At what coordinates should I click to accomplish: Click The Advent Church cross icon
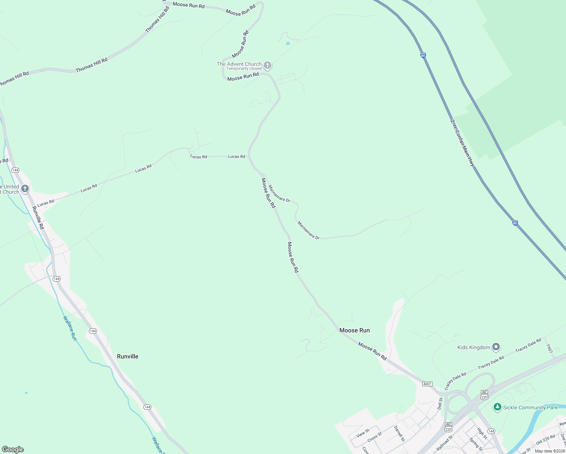coord(267,65)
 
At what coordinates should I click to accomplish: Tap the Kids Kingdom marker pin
coord(496,347)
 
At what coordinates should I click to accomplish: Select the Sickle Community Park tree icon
coord(498,407)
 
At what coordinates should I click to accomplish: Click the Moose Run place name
coord(355,330)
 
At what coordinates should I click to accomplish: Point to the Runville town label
coord(128,356)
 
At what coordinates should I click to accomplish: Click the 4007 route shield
coord(427,384)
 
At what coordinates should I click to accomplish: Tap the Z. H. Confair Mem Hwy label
coord(462,143)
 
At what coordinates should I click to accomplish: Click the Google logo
coord(13,449)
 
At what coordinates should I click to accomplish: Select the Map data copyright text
coord(549,451)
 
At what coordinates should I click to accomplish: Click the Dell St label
coord(440,403)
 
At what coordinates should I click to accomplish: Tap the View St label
coord(362,433)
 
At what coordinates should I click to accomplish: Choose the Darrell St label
coord(399,434)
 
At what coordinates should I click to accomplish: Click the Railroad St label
coord(445,443)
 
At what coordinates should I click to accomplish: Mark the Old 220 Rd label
coord(545,440)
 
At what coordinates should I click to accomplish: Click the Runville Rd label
coord(38,218)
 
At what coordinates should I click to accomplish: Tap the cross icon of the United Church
coord(25,188)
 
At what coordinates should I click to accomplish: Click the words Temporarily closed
coord(244,69)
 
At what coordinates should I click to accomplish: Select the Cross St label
coord(375,437)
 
